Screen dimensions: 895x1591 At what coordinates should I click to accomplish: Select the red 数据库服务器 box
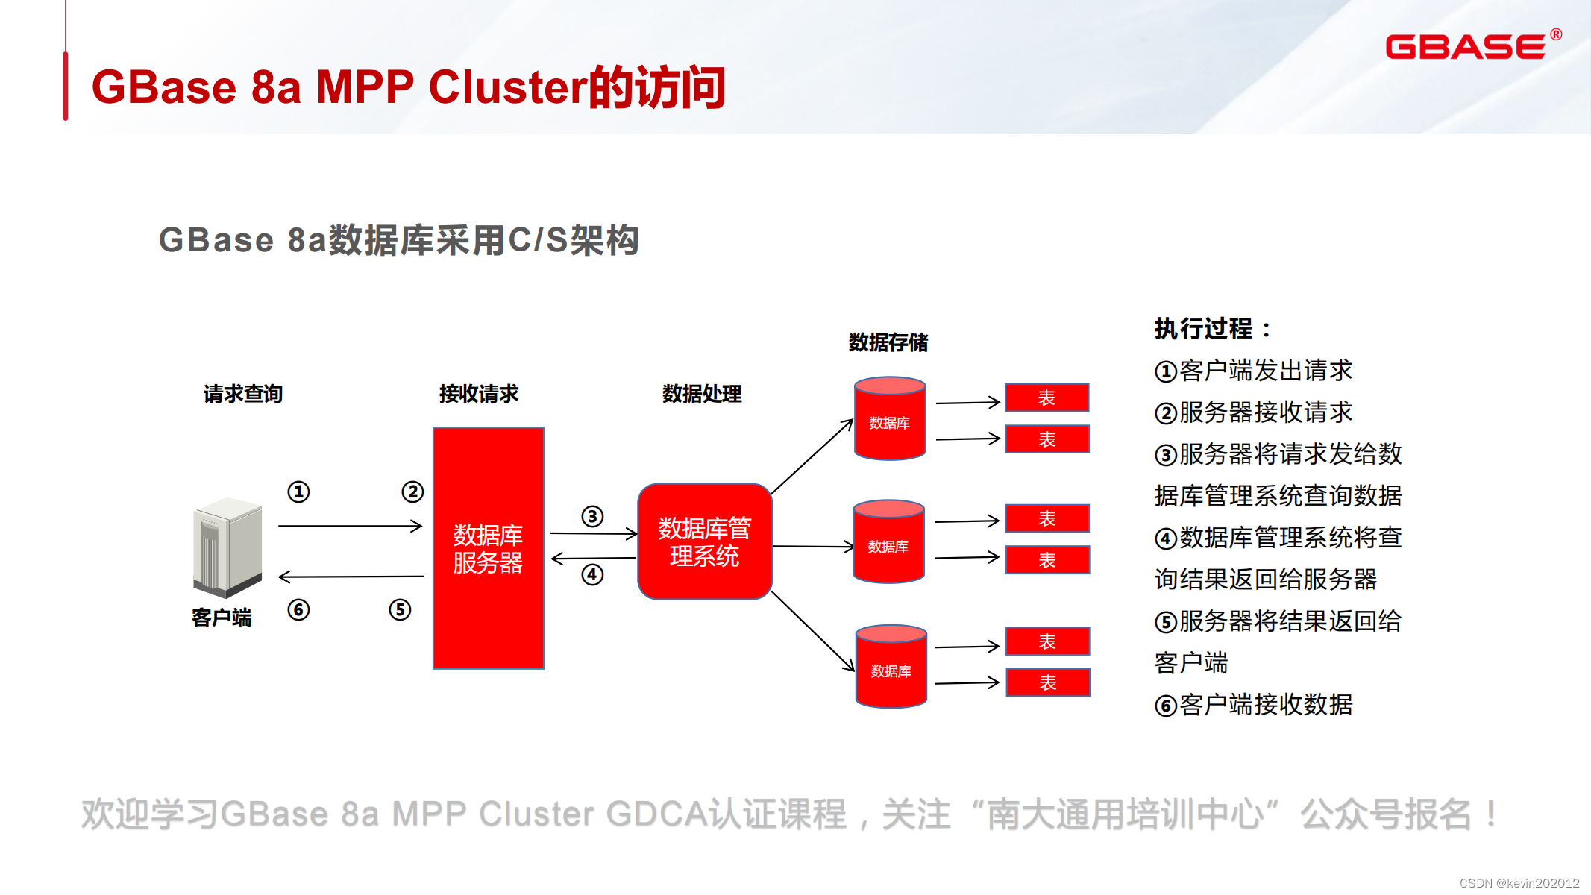489,548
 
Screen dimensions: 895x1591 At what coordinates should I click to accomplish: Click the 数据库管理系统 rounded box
704,542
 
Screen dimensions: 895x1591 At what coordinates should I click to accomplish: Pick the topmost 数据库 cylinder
890,419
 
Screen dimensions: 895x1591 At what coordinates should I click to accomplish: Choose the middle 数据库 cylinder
888,542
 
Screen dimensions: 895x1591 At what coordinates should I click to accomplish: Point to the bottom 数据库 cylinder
891,667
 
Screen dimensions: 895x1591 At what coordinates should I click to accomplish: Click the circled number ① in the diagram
298,492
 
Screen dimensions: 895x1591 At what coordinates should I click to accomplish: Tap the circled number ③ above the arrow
592,516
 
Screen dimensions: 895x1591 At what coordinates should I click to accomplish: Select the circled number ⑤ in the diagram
400,610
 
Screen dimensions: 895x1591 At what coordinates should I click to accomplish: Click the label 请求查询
243,394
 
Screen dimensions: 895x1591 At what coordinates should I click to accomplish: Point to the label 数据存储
888,342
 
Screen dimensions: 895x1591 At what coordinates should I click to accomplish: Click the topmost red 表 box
1046,398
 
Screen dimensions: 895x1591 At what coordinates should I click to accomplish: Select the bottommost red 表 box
1047,682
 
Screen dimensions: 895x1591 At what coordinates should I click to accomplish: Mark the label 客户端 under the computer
222,618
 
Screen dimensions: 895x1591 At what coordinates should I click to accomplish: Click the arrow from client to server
350,527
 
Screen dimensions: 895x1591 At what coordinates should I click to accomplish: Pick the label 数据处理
702,394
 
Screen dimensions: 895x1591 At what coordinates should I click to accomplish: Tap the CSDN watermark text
1519,883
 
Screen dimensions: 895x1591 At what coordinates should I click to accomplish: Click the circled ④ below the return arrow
592,575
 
